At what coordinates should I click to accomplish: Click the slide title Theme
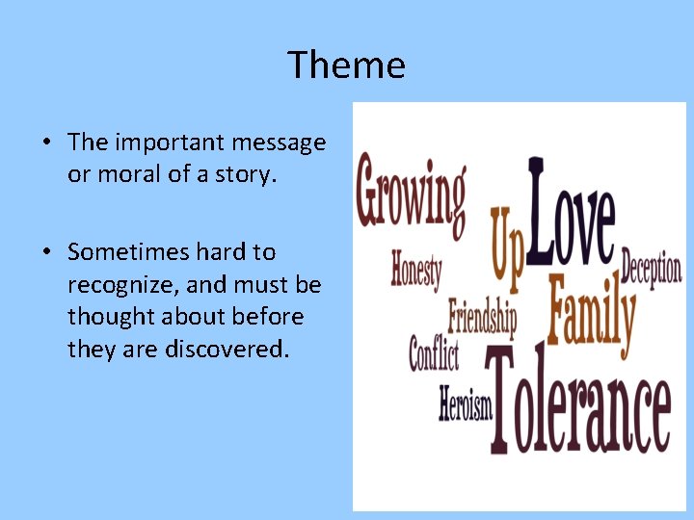347,65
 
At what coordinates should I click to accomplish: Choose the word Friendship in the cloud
482,315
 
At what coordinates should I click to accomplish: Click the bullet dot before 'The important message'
45,143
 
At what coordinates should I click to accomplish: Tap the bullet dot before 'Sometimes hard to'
45,253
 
